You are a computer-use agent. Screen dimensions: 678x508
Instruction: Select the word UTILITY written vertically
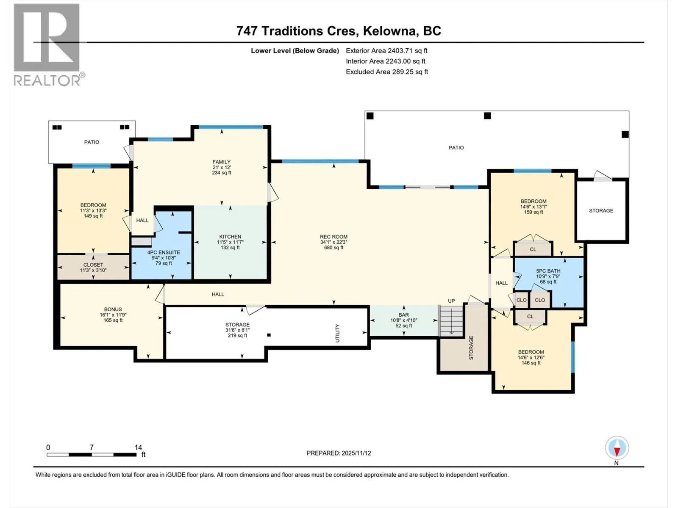point(337,333)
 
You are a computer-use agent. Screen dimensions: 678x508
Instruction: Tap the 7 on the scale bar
point(92,447)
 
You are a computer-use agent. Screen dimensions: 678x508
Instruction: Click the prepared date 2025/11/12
point(356,453)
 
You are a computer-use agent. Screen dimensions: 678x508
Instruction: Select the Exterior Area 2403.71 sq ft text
point(386,50)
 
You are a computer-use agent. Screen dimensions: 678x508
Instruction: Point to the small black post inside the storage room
point(269,335)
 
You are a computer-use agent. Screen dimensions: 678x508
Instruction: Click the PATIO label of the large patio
point(456,148)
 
